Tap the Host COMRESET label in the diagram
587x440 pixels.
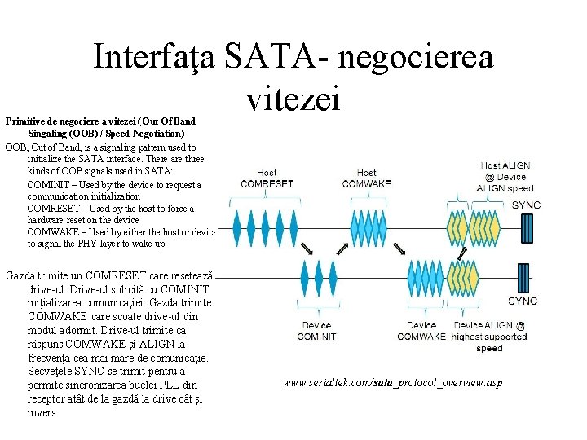pyautogui.click(x=267, y=178)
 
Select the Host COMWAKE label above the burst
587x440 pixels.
pyautogui.click(x=367, y=178)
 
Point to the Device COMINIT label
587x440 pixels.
pyautogui.click(x=316, y=331)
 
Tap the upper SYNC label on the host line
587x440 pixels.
pyautogui.click(x=525, y=205)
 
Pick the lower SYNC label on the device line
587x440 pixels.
pyautogui.click(x=523, y=301)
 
